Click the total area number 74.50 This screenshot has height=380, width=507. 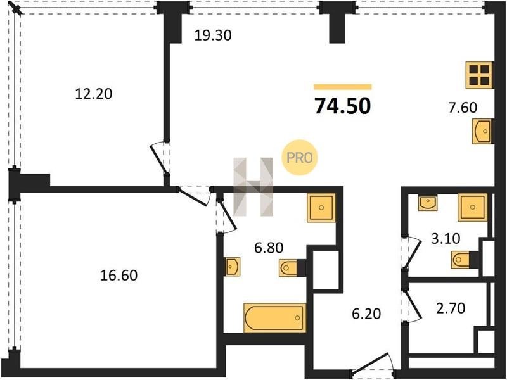tap(342, 106)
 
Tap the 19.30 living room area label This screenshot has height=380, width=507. tap(213, 35)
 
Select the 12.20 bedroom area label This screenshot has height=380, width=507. tap(93, 94)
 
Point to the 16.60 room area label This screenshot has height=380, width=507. tap(119, 275)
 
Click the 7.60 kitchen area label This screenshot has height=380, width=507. tap(463, 107)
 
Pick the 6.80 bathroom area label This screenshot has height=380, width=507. tap(269, 248)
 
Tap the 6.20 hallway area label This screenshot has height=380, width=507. tap(366, 313)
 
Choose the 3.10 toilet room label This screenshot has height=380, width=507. tap(446, 239)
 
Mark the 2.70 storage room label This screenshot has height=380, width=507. tap(451, 308)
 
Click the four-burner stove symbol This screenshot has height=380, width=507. tap(480, 75)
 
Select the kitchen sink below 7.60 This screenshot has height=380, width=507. tap(482, 131)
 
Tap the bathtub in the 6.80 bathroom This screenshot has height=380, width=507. tap(274, 318)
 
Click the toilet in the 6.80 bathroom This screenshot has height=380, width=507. tap(288, 268)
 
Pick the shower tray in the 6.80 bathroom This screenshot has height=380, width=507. tap(321, 208)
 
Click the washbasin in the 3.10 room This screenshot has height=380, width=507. tap(428, 202)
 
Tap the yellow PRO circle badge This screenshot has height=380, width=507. tap(300, 158)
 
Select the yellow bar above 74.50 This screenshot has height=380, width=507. tap(343, 87)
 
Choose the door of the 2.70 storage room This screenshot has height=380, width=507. tap(411, 305)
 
